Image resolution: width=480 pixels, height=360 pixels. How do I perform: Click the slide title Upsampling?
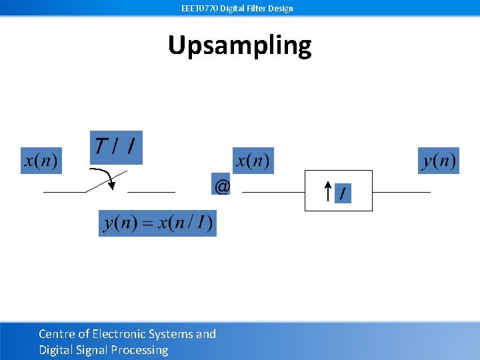pyautogui.click(x=239, y=45)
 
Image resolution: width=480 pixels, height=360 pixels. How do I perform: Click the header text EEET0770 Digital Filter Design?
pyautogui.click(x=237, y=8)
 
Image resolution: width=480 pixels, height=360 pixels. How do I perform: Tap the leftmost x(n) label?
pyautogui.click(x=41, y=161)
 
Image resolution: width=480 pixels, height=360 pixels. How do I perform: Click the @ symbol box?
pyautogui.click(x=222, y=187)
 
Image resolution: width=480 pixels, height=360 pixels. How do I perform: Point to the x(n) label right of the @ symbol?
pyautogui.click(x=253, y=161)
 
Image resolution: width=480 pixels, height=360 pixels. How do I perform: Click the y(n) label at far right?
pyautogui.click(x=439, y=161)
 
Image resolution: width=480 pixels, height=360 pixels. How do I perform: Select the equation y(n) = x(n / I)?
pyautogui.click(x=157, y=223)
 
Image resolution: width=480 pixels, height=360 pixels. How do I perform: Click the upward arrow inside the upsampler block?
pyautogui.click(x=327, y=192)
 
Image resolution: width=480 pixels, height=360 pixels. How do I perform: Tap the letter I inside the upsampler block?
pyautogui.click(x=343, y=194)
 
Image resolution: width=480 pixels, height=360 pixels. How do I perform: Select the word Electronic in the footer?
pyautogui.click(x=123, y=334)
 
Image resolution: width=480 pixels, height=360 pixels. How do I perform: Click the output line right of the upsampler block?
pyautogui.click(x=401, y=192)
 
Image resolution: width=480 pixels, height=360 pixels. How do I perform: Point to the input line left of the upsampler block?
pyautogui.click(x=273, y=192)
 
